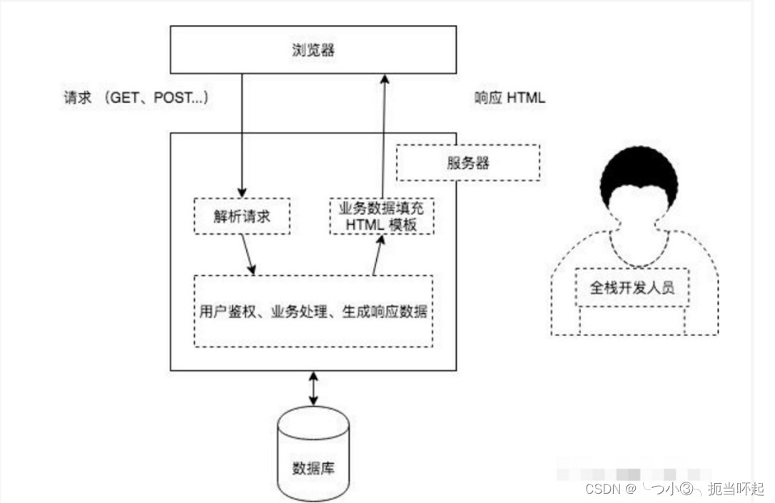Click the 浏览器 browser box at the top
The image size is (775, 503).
(313, 51)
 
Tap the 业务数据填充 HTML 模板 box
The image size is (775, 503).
(382, 215)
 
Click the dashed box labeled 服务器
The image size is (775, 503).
(467, 163)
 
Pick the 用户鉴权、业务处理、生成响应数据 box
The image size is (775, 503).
(313, 311)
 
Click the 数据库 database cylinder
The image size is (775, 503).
(313, 453)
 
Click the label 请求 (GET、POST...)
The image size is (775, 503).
(136, 98)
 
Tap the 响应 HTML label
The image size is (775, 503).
(510, 98)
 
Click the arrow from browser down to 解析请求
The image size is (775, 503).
(242, 136)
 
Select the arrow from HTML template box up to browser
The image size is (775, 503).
(383, 136)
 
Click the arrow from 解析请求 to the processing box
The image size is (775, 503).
(248, 254)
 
